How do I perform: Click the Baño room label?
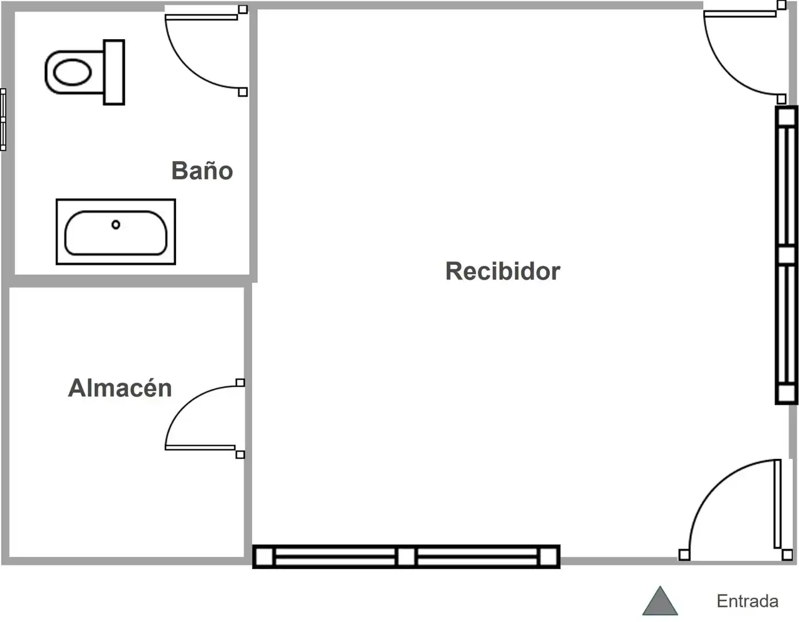(202, 170)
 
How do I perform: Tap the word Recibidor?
(503, 271)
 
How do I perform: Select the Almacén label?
(120, 388)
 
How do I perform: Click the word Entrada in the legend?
(747, 601)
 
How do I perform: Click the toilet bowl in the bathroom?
(73, 72)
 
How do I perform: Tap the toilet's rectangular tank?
(114, 72)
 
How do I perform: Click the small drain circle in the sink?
(116, 225)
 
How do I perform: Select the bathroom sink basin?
(116, 233)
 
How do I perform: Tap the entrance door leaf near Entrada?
(777, 504)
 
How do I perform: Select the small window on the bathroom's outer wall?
(3, 120)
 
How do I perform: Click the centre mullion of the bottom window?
(406, 556)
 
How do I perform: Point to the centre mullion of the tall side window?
(786, 255)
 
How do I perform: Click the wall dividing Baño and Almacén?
(129, 281)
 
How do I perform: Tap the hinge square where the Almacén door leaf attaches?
(240, 454)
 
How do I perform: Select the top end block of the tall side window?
(786, 117)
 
